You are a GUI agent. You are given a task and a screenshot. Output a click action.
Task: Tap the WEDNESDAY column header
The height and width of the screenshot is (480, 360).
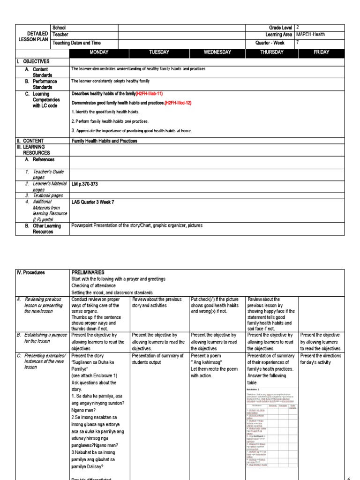coord(217,52)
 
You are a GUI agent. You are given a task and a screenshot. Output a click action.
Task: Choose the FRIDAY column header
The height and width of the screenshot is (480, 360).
coord(321,52)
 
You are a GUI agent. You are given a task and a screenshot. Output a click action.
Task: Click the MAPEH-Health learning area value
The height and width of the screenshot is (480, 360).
coord(311,35)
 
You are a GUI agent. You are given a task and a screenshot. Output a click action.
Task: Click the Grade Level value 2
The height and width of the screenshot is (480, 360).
coord(298,27)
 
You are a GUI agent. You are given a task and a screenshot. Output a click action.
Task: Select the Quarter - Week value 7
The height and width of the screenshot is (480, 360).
coord(298,43)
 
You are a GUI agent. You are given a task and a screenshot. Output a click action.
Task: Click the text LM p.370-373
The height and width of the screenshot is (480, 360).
coord(85,184)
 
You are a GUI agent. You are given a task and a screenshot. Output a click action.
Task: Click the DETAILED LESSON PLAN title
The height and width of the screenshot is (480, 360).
coord(34,37)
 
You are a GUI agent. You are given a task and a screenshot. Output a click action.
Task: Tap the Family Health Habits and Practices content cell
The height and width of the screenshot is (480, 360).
coord(104,141)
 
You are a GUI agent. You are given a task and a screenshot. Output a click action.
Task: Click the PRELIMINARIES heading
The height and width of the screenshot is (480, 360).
coord(88,272)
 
